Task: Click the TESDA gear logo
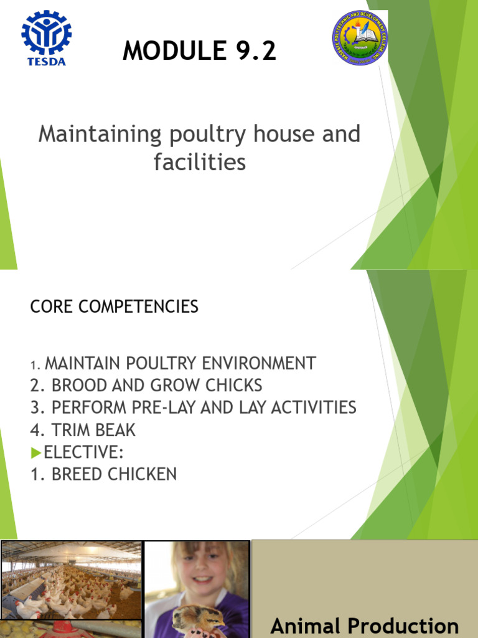click(x=47, y=36)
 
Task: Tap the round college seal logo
click(x=360, y=37)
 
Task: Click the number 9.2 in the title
click(x=251, y=51)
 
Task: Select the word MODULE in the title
click(x=169, y=51)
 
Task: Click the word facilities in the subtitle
click(x=200, y=163)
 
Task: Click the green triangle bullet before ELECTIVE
click(x=36, y=452)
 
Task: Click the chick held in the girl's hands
click(x=197, y=619)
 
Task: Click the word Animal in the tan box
click(x=306, y=626)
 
